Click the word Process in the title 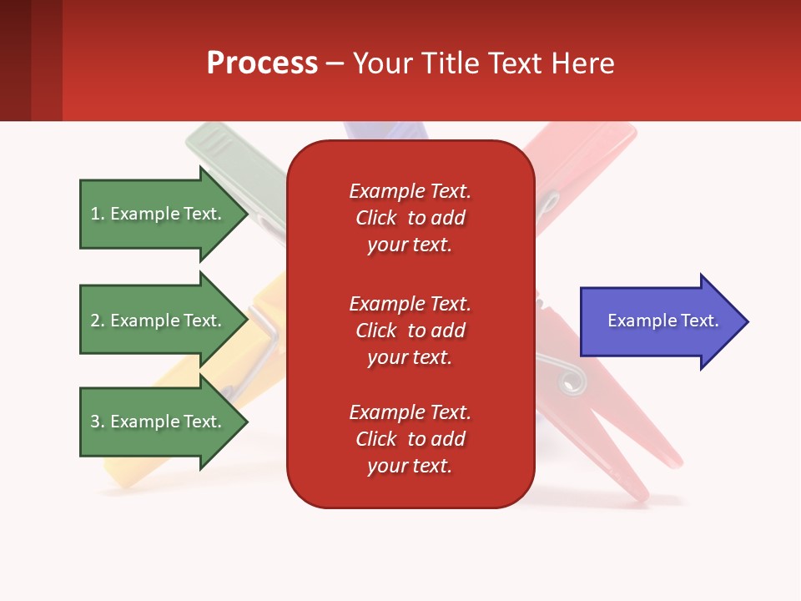click(263, 63)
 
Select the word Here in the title click(582, 63)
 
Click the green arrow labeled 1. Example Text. click(164, 215)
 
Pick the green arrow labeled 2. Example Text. click(164, 320)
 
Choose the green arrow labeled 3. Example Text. click(164, 422)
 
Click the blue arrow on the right click(664, 321)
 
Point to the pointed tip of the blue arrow click(748, 321)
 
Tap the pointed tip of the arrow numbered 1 click(248, 215)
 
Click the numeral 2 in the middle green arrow click(95, 321)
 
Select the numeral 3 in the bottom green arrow click(95, 422)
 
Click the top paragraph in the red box click(411, 218)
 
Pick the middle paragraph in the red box click(411, 331)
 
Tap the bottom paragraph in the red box click(411, 439)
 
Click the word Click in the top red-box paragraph click(376, 218)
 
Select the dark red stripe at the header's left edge click(15, 60)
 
